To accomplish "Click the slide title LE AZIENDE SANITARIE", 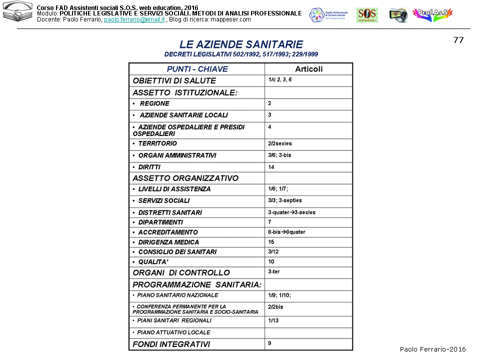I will pos(241,44).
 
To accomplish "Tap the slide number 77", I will pos(458,40).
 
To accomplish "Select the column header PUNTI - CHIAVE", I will pos(197,69).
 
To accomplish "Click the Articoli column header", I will pos(308,69).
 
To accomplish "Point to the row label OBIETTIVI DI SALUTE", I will pos(174,80).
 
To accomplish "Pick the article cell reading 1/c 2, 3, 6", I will pos(280,79).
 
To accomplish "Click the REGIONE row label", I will pos(154,103).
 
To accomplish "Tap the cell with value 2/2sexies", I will pos(280,143).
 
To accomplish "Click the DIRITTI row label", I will pos(149,167).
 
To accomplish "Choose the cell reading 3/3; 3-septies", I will pos(285,200).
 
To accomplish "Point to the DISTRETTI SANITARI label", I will pos(170,212).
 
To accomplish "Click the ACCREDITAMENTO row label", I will pos(168,232).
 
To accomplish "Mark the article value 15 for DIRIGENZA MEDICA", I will pos(271,242).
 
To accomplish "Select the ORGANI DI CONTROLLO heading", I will pos(181,272).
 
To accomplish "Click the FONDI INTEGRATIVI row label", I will pos(171,344).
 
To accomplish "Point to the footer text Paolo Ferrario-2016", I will pos(432,349).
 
